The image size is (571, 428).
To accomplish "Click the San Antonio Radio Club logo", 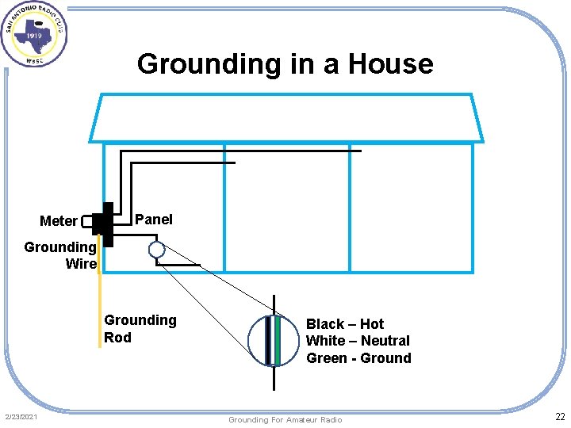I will [34, 35].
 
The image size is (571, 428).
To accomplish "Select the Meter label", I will [59, 221].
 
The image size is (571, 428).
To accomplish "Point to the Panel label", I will [154, 220].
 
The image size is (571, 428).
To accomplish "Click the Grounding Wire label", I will [61, 255].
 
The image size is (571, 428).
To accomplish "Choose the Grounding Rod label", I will [140, 329].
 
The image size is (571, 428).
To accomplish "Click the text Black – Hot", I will [344, 324].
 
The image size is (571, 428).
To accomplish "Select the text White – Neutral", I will [358, 341].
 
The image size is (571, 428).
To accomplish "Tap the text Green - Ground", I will [358, 358].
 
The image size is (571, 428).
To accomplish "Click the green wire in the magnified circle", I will [278, 341].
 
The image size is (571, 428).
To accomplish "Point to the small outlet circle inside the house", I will [157, 250].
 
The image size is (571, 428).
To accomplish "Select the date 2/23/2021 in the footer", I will [21, 417].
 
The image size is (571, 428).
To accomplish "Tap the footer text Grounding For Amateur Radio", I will [285, 419].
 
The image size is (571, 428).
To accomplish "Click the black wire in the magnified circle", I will [268, 341].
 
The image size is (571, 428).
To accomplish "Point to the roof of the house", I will [285, 117].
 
